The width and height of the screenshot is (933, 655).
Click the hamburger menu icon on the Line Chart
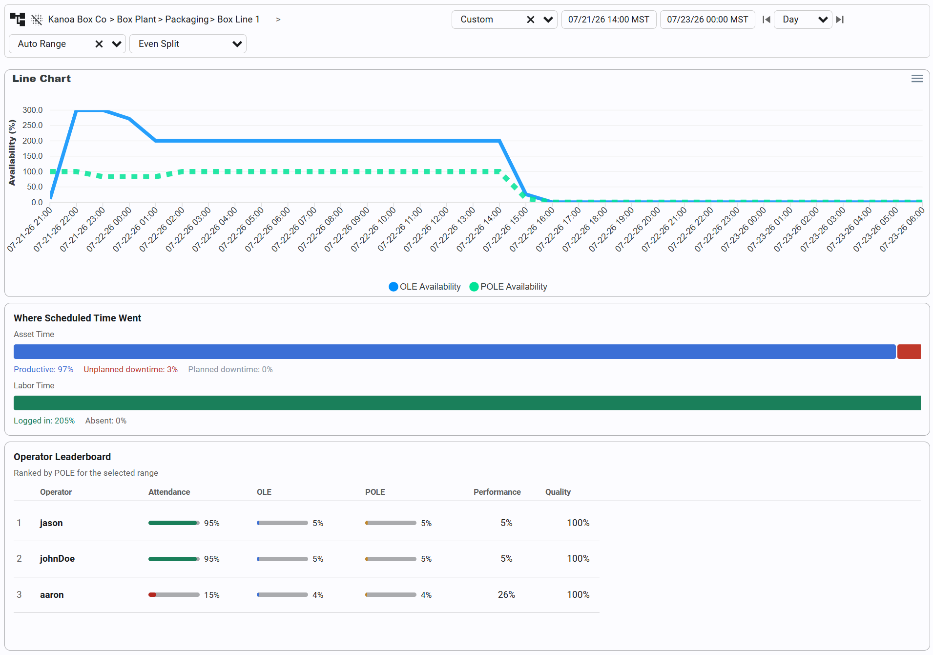pyautogui.click(x=917, y=79)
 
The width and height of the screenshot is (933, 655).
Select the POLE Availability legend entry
pyautogui.click(x=508, y=287)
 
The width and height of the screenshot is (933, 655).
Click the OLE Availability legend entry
pyautogui.click(x=425, y=287)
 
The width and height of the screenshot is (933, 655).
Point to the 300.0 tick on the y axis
pyautogui.click(x=33, y=110)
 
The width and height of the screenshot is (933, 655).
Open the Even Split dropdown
pyautogui.click(x=188, y=43)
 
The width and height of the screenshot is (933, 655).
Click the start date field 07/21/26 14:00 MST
pyautogui.click(x=609, y=20)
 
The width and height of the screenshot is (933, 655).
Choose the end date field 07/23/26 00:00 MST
pyautogui.click(x=707, y=20)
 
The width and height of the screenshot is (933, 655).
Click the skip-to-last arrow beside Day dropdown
pyautogui.click(x=840, y=20)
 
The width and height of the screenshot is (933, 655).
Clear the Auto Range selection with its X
pyautogui.click(x=99, y=44)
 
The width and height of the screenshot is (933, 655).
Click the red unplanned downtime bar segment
pyautogui.click(x=909, y=352)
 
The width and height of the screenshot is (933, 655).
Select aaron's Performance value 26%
pyautogui.click(x=506, y=594)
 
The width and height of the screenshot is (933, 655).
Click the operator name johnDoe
pyautogui.click(x=57, y=558)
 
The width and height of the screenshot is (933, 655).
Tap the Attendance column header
pyautogui.click(x=169, y=492)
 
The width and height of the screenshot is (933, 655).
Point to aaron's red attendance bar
pyautogui.click(x=152, y=594)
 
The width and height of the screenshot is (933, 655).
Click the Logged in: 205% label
pyautogui.click(x=44, y=421)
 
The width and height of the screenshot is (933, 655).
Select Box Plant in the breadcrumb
pyautogui.click(x=136, y=19)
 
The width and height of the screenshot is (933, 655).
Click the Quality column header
pyautogui.click(x=558, y=492)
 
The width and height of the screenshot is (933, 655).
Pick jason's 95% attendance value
pyautogui.click(x=211, y=523)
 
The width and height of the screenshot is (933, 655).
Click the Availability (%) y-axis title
pyautogui.click(x=12, y=153)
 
